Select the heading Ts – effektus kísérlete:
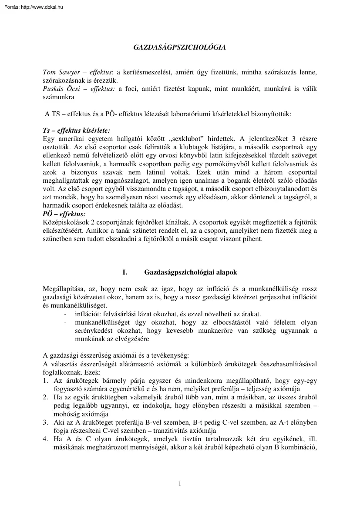click(x=77, y=131)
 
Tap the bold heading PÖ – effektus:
click(x=64, y=214)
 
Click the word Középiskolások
click(x=62, y=222)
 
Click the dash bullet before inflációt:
click(x=65, y=314)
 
